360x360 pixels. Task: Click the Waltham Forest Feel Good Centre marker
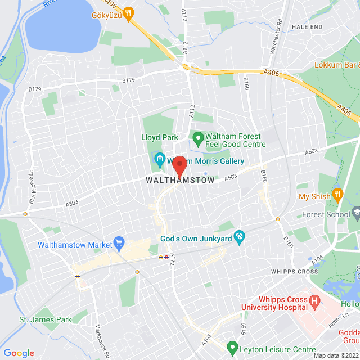pyautogui.click(x=197, y=137)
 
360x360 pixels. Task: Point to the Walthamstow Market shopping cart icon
pyautogui.click(x=119, y=244)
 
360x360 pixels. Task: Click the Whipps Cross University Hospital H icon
pyautogui.click(x=314, y=302)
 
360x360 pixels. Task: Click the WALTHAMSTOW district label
pyautogui.click(x=180, y=181)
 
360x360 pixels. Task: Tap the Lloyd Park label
pyautogui.click(x=159, y=137)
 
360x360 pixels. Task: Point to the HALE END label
pyautogui.click(x=307, y=26)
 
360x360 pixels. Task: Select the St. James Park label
pyautogui.click(x=46, y=319)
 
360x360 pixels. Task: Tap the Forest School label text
pyautogui.click(x=325, y=214)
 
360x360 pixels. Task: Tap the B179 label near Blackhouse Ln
pyautogui.click(x=35, y=89)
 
